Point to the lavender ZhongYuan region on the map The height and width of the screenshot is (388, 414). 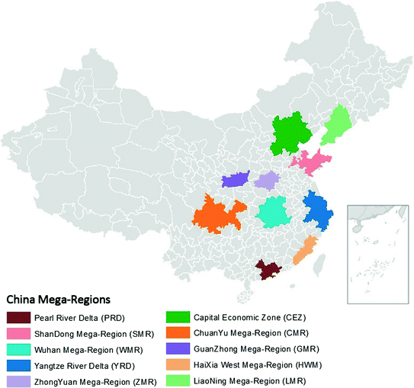pos(267,181)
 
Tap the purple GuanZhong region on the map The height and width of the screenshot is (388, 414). pos(236,181)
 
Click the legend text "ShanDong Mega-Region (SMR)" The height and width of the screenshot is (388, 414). pos(95,332)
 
